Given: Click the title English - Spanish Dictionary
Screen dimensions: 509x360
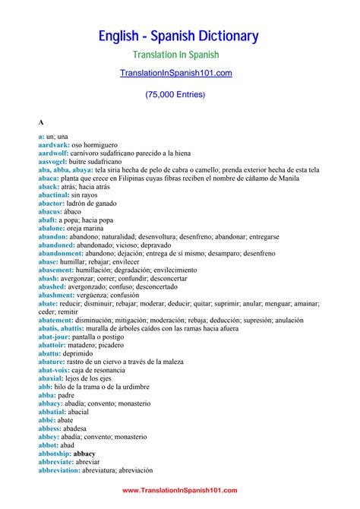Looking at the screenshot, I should (x=179, y=36).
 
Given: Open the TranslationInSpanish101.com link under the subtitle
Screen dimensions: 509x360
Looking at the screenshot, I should (x=175, y=73).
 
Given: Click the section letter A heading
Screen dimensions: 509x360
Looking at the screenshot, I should (x=41, y=122).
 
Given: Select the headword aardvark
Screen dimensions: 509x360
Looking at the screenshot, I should (x=53, y=144).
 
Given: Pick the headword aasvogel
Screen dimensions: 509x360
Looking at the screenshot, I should (x=53, y=161).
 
